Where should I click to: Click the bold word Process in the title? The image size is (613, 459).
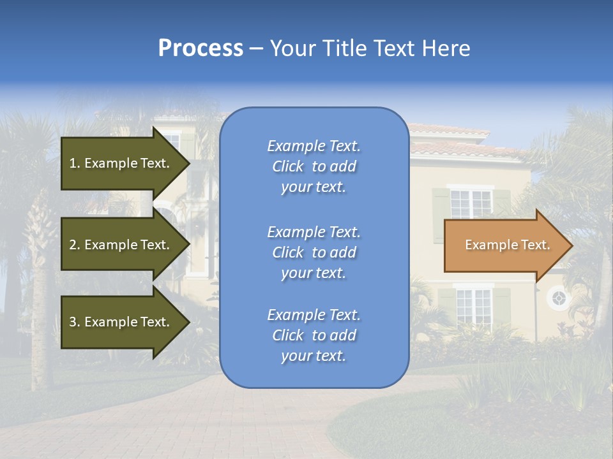point(201,48)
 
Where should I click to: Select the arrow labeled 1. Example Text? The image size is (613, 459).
point(121,163)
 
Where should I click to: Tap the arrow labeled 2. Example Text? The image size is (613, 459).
point(121,245)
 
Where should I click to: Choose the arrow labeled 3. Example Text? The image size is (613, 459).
point(121,322)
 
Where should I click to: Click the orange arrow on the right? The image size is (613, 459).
point(504,245)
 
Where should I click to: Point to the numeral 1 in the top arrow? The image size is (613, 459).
point(73,163)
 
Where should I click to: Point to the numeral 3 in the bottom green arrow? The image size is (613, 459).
point(73,322)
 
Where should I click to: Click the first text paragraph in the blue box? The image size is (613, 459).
point(314,166)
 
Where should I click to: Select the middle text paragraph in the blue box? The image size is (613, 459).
point(314,252)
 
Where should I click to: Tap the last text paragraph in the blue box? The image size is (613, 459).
point(314,335)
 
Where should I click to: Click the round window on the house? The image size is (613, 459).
point(559,298)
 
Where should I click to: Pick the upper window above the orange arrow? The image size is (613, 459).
point(471,203)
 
